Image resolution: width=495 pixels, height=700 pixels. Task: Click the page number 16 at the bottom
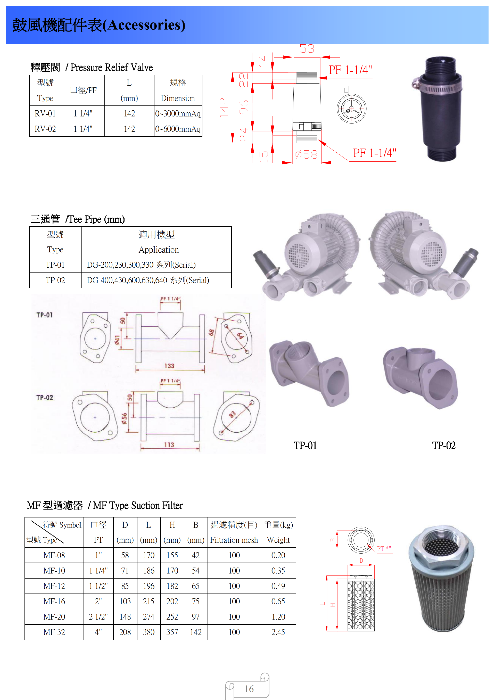[x=249, y=689]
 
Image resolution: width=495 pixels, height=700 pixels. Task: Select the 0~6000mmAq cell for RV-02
[x=178, y=129]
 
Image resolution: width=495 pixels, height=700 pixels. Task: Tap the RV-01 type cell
[x=45, y=113]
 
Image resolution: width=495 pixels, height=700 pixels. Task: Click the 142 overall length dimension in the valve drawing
[x=224, y=107]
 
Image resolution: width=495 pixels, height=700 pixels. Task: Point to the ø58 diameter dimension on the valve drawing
[x=306, y=155]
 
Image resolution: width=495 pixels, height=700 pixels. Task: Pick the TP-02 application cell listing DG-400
[x=148, y=280]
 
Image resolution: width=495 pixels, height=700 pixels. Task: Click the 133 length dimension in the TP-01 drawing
[x=169, y=366]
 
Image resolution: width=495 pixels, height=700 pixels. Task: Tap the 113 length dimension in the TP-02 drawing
[x=169, y=445]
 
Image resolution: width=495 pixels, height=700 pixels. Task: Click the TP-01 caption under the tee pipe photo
[x=305, y=446]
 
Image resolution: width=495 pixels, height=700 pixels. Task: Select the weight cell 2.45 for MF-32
[x=278, y=632]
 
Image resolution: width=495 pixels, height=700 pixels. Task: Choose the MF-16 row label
[x=54, y=601]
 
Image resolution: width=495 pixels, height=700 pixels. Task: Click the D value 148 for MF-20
[x=125, y=617]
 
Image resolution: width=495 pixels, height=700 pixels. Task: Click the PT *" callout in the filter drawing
[x=383, y=548]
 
